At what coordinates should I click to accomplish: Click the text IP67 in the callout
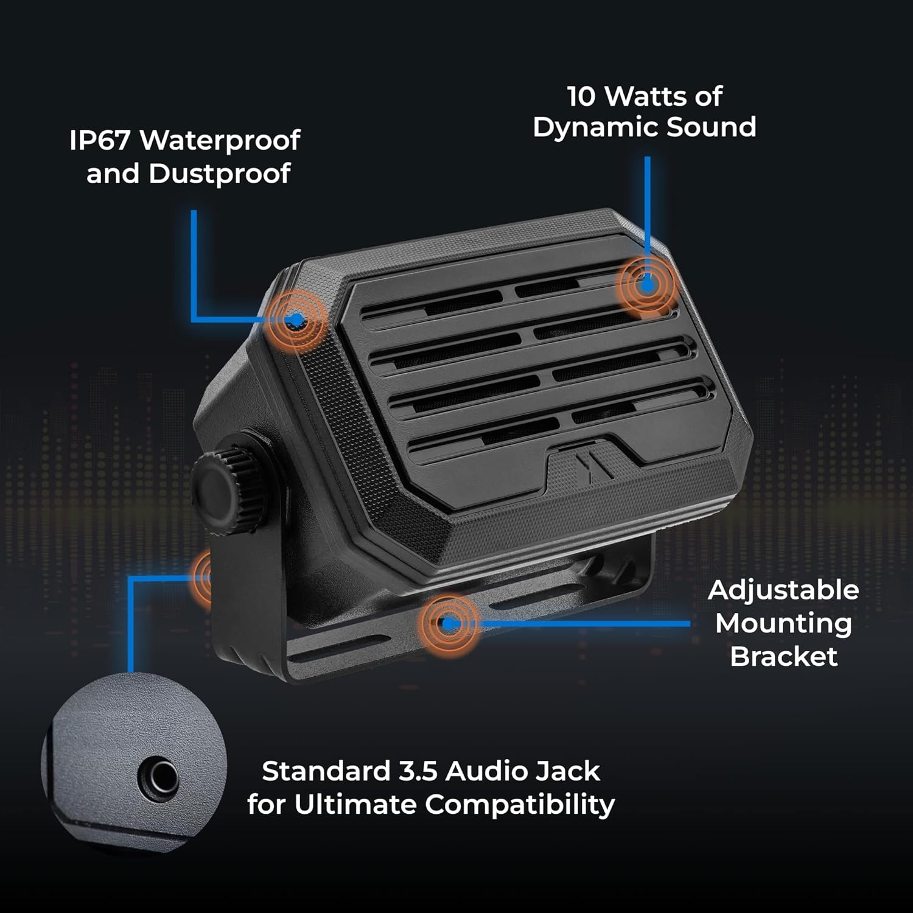[x=99, y=141]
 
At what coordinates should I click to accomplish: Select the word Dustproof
[x=220, y=174]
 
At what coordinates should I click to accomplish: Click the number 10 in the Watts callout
[x=581, y=96]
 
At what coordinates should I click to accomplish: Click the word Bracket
[x=784, y=657]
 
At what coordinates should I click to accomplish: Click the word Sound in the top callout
[x=712, y=127]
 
